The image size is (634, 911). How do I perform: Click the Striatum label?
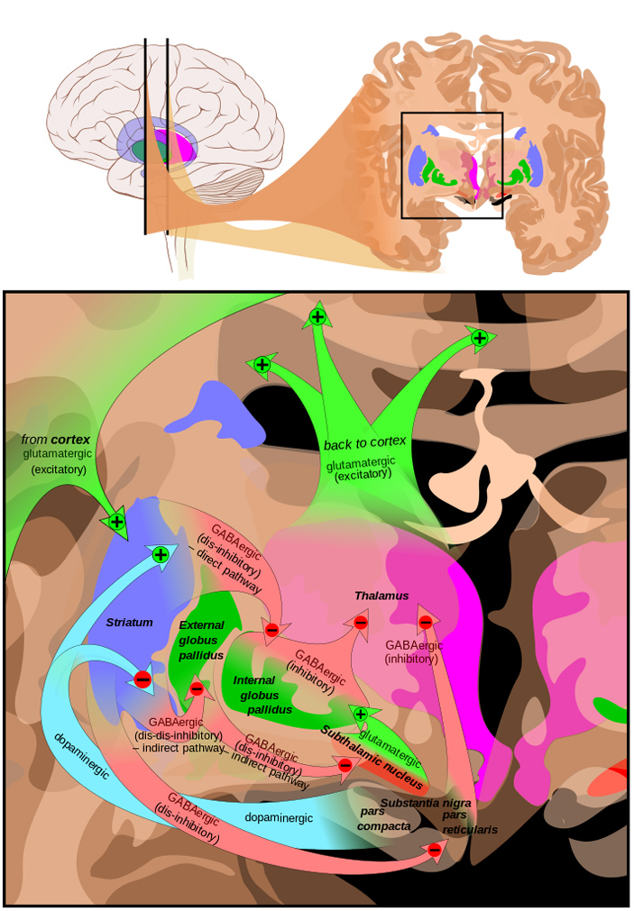[129, 623]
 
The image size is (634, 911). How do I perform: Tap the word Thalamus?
[381, 596]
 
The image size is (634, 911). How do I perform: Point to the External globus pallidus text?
[201, 640]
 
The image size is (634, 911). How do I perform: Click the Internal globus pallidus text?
[262, 695]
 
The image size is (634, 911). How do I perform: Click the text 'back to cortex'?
[365, 442]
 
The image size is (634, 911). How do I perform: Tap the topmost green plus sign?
[317, 316]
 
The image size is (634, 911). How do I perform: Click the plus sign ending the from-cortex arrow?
[115, 521]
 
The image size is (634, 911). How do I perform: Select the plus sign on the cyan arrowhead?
[161, 554]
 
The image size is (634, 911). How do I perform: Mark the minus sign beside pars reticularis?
[435, 850]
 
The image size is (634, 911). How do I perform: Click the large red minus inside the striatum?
[142, 679]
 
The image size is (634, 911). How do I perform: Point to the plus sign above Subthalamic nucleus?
[361, 714]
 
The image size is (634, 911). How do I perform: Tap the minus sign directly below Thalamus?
[360, 623]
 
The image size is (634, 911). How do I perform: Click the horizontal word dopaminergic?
[280, 817]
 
